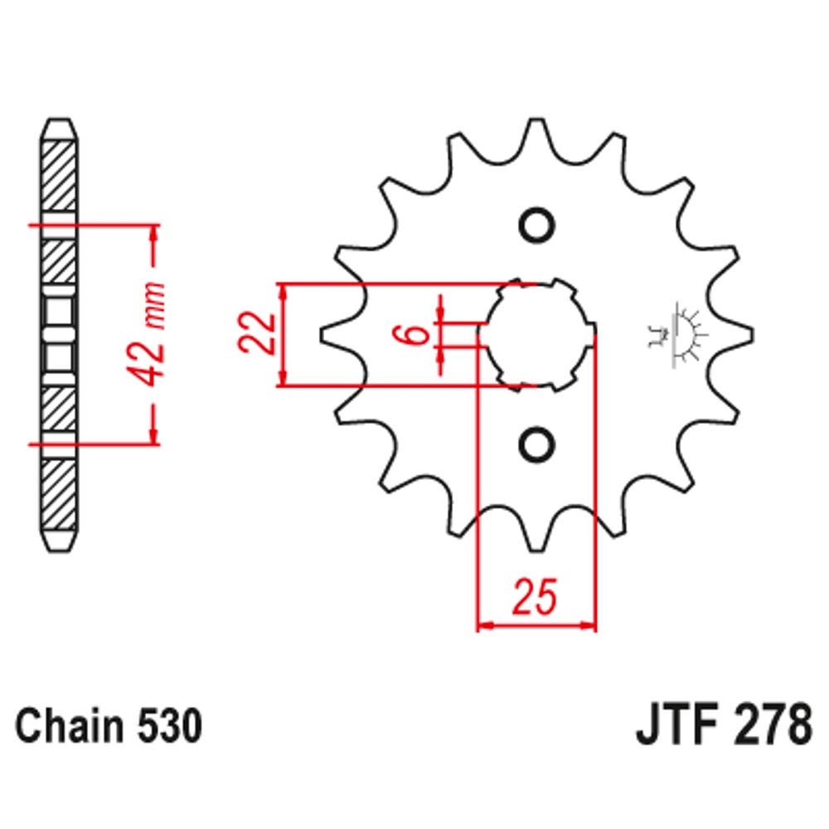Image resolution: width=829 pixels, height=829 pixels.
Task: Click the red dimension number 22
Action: pyautogui.click(x=257, y=333)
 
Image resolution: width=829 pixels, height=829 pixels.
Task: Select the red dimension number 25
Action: pyautogui.click(x=535, y=597)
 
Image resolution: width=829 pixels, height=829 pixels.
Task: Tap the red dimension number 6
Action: pyautogui.click(x=418, y=333)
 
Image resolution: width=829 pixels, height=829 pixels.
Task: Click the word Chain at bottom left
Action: pyautogui.click(x=70, y=725)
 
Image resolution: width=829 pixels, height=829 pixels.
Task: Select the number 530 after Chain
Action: pyautogui.click(x=170, y=726)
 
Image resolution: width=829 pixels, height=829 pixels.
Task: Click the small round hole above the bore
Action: pyautogui.click(x=536, y=225)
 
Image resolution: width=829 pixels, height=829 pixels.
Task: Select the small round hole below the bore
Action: pyautogui.click(x=536, y=444)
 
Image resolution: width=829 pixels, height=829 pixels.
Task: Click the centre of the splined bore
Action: pyautogui.click(x=536, y=335)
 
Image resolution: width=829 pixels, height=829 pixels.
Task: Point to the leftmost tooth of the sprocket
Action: pyautogui.click(x=336, y=335)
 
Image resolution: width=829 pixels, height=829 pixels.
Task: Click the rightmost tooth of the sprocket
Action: pyautogui.click(x=738, y=335)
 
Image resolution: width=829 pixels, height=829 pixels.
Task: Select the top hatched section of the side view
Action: pyautogui.click(x=59, y=177)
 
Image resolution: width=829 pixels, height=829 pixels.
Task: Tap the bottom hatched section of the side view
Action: pyautogui.click(x=59, y=494)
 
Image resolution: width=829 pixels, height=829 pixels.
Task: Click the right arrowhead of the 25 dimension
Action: pyautogui.click(x=589, y=625)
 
